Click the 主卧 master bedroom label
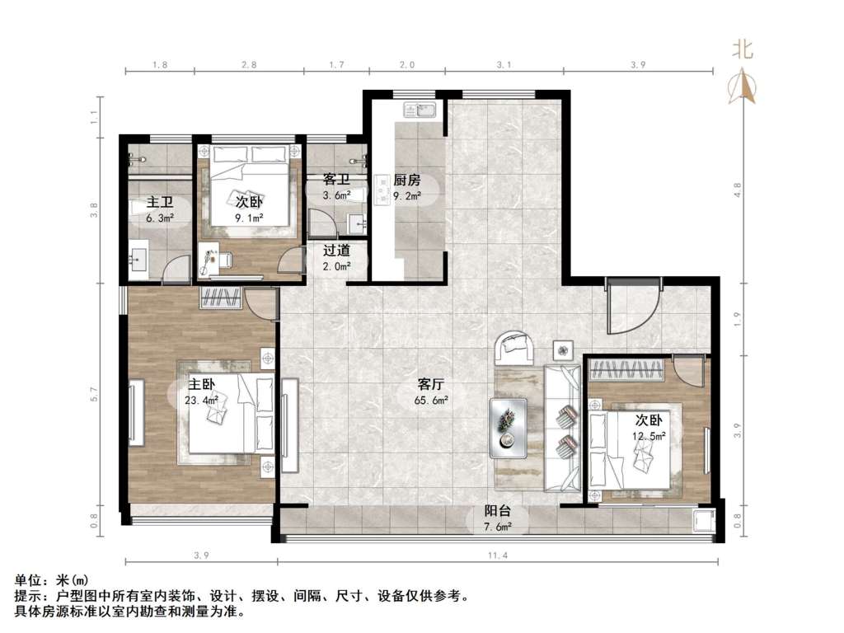(201, 384)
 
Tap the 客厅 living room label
(431, 384)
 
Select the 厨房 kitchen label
(406, 181)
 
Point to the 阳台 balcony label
(496, 511)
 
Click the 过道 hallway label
(336, 251)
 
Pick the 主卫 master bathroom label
(160, 203)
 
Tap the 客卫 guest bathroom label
(336, 179)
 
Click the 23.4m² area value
(201, 400)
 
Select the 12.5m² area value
(649, 435)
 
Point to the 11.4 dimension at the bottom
(497, 555)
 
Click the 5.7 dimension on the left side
(95, 395)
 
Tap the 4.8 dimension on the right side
(738, 190)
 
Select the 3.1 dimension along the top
(504, 64)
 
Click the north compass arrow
(743, 86)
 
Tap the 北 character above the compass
(743, 50)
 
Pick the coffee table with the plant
(508, 429)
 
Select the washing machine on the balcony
(702, 522)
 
